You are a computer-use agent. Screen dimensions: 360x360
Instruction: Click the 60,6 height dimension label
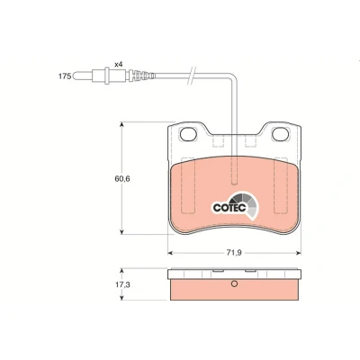(122, 179)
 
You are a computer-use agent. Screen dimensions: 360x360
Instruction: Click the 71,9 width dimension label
(234, 253)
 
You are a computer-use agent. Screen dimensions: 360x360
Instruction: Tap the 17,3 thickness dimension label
(122, 284)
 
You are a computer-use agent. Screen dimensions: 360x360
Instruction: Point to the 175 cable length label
(65, 76)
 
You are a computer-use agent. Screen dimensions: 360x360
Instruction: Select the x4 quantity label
(119, 64)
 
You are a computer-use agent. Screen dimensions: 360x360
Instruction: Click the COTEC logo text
(229, 208)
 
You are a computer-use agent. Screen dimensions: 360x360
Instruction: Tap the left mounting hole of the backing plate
(188, 134)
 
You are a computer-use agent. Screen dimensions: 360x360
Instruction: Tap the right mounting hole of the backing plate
(281, 134)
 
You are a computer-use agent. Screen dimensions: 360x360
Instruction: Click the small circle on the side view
(234, 283)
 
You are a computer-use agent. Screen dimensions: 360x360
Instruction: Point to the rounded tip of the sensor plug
(75, 76)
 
